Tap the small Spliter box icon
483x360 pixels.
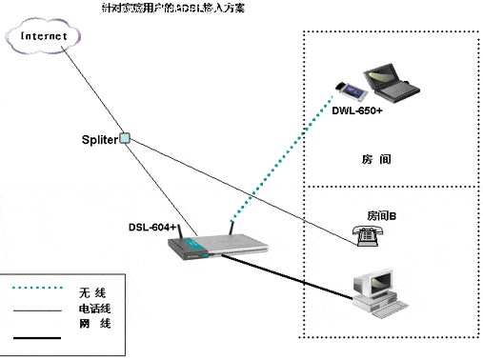pyautogui.click(x=124, y=137)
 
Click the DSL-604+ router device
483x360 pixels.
pyautogui.click(x=215, y=249)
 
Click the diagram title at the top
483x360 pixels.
pyautogui.click(x=237, y=7)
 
